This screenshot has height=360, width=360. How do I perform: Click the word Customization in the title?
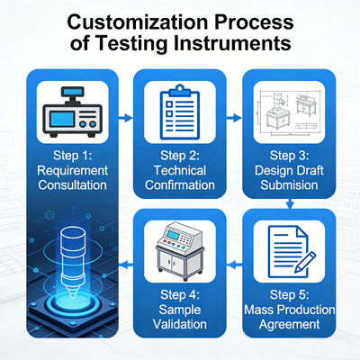tap(138, 22)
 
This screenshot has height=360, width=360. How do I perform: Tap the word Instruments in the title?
tap(232, 43)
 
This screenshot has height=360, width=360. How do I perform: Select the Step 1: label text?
tap(72, 156)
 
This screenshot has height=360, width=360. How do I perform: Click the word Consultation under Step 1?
tap(72, 184)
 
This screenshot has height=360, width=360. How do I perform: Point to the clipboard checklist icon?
tap(180, 112)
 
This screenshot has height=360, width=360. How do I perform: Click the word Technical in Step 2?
tap(180, 170)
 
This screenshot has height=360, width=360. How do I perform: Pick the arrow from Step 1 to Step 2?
tap(125, 118)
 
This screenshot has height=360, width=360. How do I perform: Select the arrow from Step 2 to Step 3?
tap(234, 118)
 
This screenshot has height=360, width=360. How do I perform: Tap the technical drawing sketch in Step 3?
tap(289, 112)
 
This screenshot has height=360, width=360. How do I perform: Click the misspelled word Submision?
tap(289, 184)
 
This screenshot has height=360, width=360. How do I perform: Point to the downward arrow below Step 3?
tap(290, 203)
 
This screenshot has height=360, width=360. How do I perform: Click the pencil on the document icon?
tap(305, 262)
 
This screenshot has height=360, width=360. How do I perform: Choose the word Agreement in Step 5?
tap(290, 324)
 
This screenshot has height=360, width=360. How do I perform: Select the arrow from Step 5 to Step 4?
tap(235, 265)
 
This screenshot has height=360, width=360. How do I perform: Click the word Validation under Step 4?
tap(180, 324)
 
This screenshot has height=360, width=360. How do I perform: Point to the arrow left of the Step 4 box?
tap(126, 265)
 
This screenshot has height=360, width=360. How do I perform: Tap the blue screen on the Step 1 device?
tap(62, 119)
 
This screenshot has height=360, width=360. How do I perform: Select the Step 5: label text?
tap(290, 295)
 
